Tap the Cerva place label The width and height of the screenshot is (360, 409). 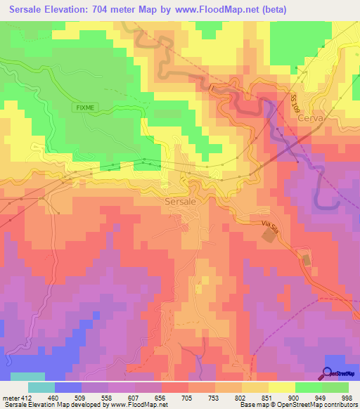(310, 119)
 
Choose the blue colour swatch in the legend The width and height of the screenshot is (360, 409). (68, 387)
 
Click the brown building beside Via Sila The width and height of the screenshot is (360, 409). (269, 238)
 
